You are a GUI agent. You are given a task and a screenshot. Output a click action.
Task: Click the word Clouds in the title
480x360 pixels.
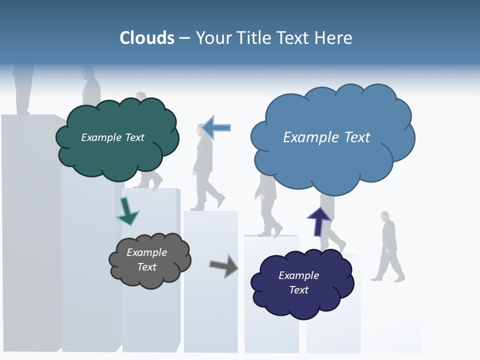pos(147,38)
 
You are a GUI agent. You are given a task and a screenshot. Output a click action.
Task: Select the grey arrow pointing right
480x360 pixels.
pos(223,265)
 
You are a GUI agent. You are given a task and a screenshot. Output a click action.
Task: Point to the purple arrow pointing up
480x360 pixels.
pos(319,221)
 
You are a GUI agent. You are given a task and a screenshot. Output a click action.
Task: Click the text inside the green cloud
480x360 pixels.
pos(112,137)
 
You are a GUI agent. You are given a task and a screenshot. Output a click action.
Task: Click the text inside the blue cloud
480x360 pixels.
pos(326,137)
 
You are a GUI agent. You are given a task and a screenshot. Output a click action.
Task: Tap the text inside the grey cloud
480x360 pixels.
pos(146,259)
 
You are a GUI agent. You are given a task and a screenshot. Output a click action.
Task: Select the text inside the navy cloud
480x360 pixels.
pos(298,282)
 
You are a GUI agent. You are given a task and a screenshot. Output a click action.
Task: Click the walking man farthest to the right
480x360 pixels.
pos(389,245)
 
